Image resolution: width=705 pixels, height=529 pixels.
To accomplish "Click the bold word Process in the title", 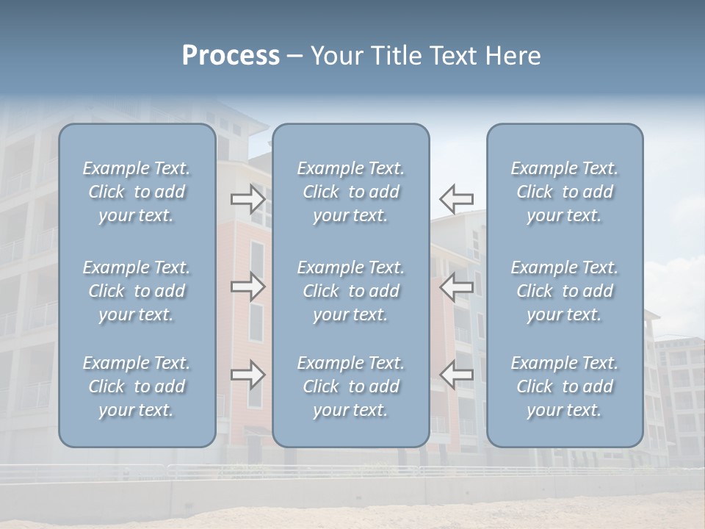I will click(231, 56).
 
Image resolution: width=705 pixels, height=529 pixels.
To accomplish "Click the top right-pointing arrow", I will click(247, 198).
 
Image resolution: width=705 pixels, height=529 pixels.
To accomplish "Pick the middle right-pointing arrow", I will click(247, 287).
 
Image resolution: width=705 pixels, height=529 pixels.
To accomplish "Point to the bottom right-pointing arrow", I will click(247, 375).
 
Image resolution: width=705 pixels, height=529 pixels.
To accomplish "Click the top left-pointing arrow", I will click(457, 198).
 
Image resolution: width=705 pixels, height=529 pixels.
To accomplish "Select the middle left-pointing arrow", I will click(457, 287).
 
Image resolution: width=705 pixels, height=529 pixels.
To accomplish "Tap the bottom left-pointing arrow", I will click(457, 375).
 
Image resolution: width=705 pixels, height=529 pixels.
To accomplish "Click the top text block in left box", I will click(137, 192).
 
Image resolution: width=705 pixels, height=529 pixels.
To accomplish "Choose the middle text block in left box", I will click(137, 291).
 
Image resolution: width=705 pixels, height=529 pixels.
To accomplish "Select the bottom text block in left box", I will click(137, 386).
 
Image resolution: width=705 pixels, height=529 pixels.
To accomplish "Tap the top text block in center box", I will click(351, 192).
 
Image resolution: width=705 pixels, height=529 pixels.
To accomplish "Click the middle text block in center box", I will click(351, 291).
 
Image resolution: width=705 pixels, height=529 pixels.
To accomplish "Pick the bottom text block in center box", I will click(351, 386).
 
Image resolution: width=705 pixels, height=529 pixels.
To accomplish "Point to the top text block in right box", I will click(565, 192).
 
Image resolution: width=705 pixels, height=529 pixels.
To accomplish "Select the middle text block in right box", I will click(565, 291).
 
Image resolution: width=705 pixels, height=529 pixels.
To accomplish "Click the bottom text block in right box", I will click(565, 386).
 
